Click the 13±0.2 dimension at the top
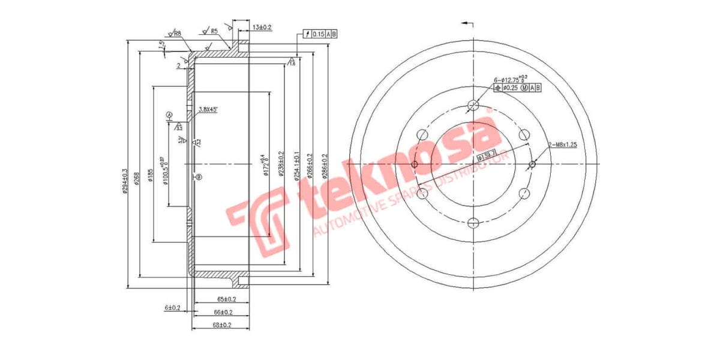pos(262,27)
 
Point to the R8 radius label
pos(177,34)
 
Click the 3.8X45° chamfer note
pos(208,109)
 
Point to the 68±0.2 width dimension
pos(222,325)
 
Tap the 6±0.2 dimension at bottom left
pos(173,308)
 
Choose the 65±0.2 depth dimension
pos(226,299)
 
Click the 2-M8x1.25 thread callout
pos(563,145)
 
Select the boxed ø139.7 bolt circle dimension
pos(487,155)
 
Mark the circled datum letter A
pos(169,115)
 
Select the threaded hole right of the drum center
pos(532,164)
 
